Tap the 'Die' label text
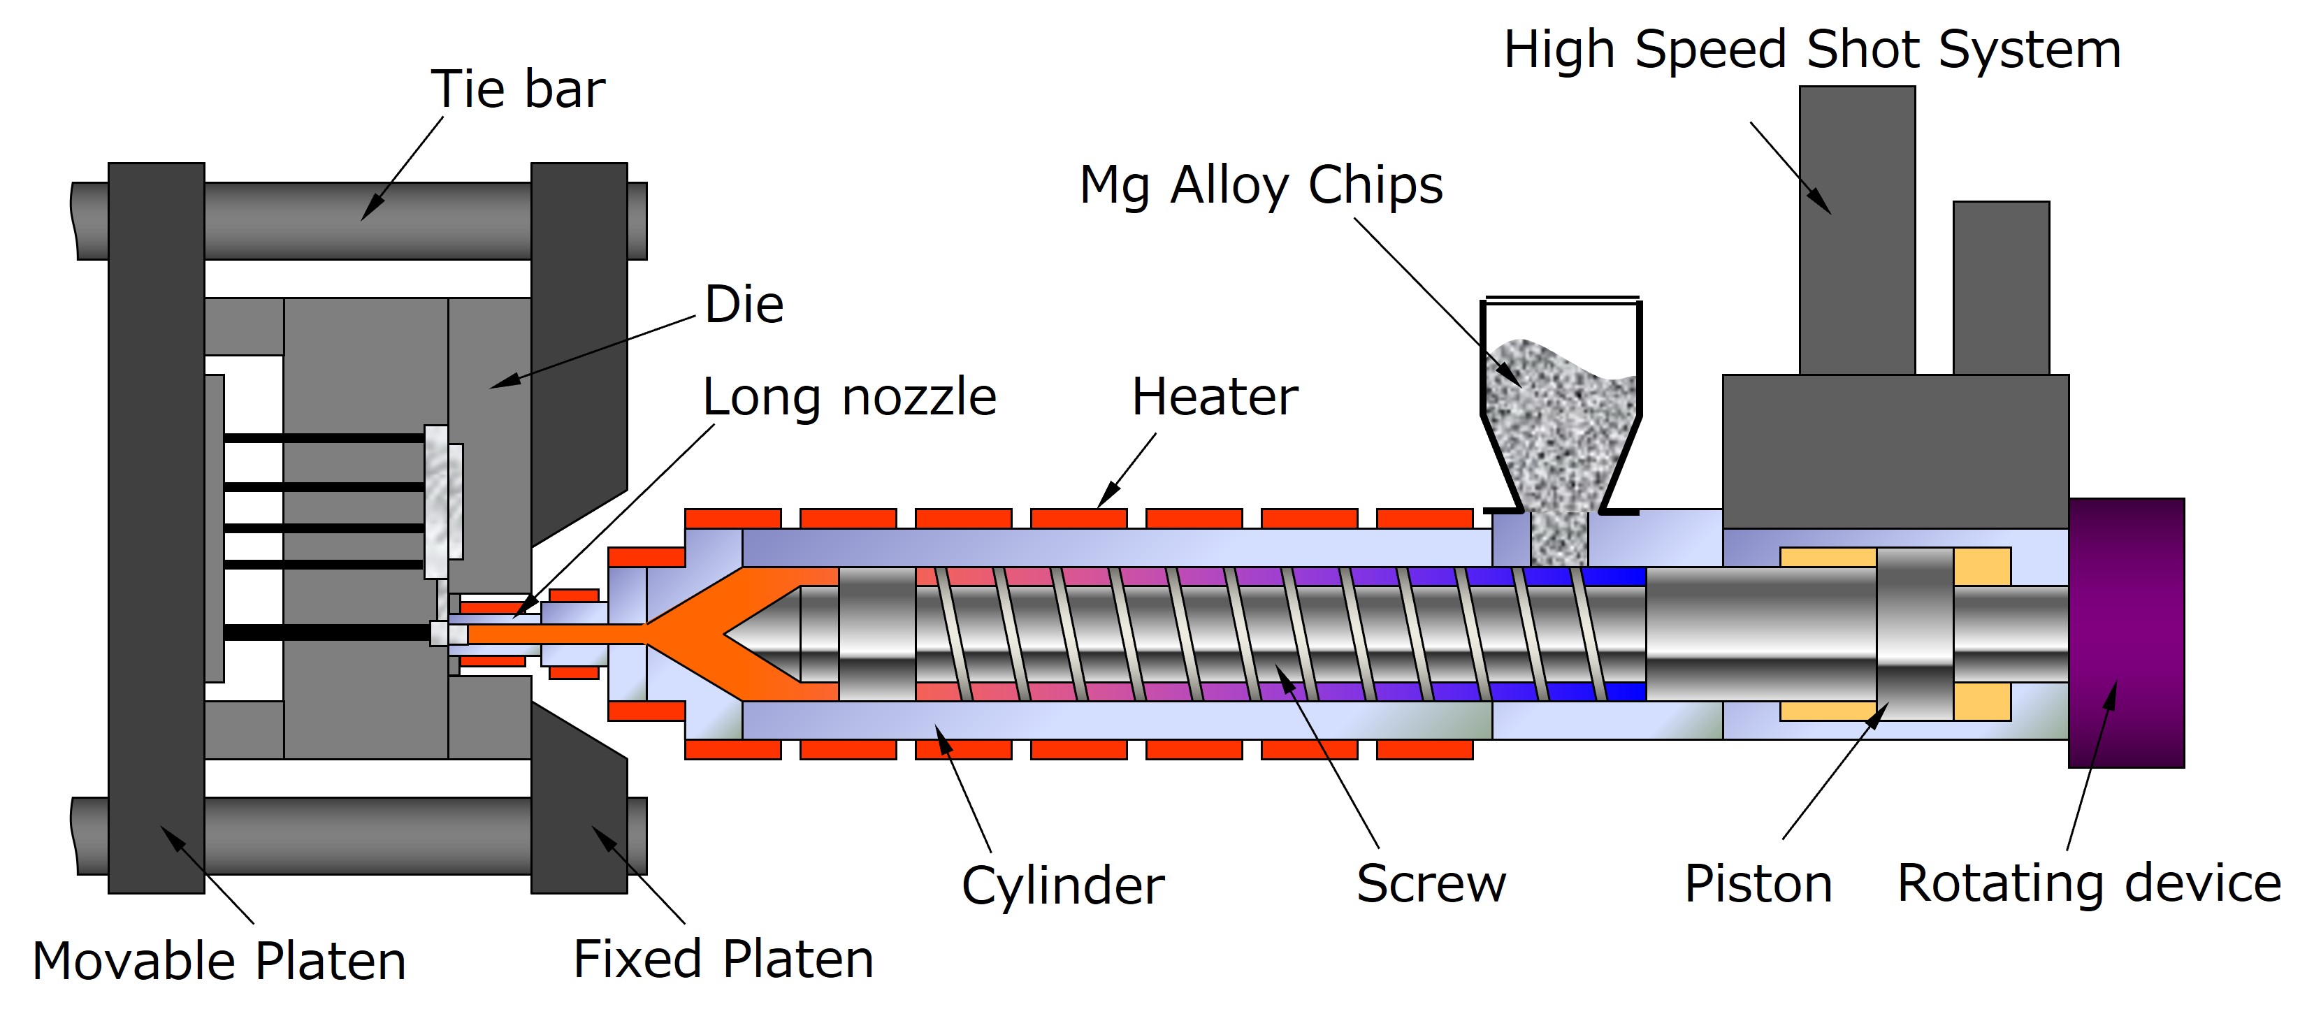coord(744,305)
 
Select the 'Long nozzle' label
coord(849,397)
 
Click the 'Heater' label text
coord(1215,397)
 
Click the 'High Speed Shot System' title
coord(1812,50)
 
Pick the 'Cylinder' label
coord(1063,885)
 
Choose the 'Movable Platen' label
coord(219,961)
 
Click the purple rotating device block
coord(2126,632)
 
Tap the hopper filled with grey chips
coord(1561,422)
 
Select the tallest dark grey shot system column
coord(1857,229)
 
